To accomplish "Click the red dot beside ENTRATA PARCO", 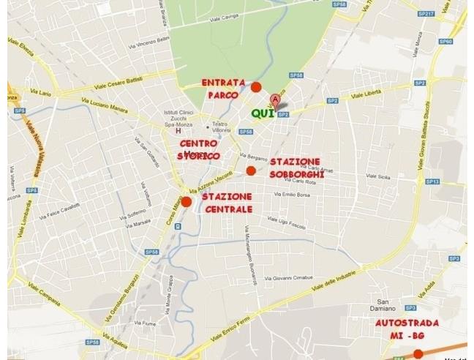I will pyautogui.click(x=256, y=88).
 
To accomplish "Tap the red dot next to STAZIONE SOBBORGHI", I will pyautogui.click(x=251, y=170).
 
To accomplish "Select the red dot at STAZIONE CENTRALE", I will pyautogui.click(x=187, y=201).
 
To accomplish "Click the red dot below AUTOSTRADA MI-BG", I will pyautogui.click(x=418, y=354).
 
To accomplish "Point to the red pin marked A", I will pyautogui.click(x=275, y=100).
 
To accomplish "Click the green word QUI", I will pyautogui.click(x=263, y=113).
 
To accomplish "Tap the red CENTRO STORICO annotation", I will pyautogui.click(x=198, y=150).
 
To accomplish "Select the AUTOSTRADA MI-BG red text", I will pyautogui.click(x=407, y=329).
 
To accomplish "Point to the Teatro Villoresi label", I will pyautogui.click(x=219, y=127).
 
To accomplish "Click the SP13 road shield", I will pyautogui.click(x=432, y=181).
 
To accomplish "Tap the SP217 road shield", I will pyautogui.click(x=426, y=14).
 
